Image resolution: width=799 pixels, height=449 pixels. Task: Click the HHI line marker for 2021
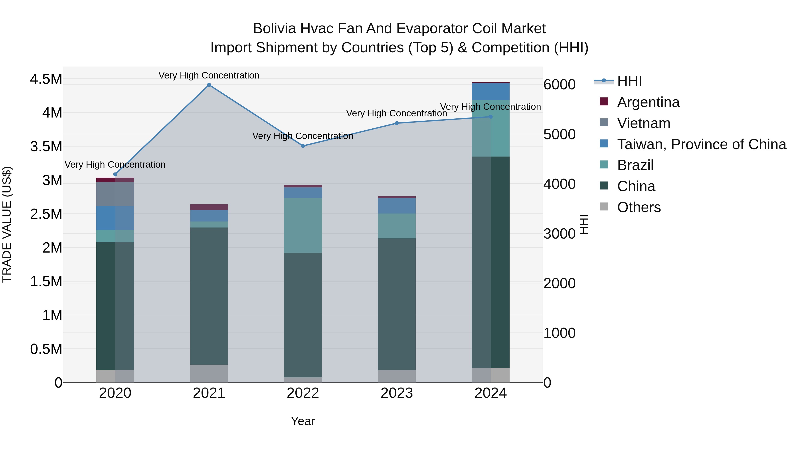(209, 85)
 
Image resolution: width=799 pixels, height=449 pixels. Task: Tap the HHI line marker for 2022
(303, 146)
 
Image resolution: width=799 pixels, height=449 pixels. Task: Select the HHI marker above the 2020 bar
(115, 175)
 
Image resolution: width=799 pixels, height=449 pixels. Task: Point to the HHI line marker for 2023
(397, 123)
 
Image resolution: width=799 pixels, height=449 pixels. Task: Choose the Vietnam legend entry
(644, 123)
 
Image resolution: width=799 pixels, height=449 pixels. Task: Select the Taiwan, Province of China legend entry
(701, 144)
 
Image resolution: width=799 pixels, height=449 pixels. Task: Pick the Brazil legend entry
(635, 165)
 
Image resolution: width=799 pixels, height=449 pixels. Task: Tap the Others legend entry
(639, 207)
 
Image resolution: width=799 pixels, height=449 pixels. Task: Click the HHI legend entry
(629, 81)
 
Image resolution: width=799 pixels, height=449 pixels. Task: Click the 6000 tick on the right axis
(560, 85)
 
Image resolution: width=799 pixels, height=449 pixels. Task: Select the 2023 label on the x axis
(397, 393)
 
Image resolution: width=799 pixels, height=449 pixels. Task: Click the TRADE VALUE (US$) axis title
(7, 224)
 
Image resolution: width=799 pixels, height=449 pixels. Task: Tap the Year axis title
(303, 421)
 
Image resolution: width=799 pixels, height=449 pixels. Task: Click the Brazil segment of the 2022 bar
(303, 225)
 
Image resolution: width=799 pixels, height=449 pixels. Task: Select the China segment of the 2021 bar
(209, 296)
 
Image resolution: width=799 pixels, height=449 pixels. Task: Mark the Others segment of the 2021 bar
(209, 373)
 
